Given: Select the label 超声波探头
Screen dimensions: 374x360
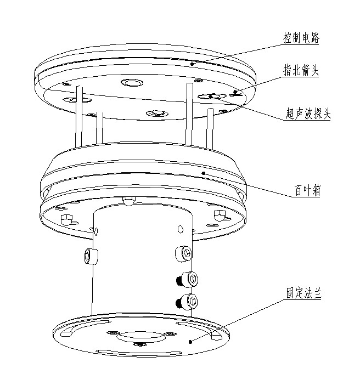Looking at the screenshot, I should pos(308,114).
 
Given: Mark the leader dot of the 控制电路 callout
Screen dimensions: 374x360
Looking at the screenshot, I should pos(192,64).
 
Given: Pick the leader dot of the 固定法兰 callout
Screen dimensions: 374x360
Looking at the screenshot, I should pos(190,341).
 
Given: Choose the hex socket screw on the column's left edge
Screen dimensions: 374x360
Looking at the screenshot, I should pos(90,255).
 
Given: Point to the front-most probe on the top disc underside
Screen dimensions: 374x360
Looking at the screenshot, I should pos(155,113).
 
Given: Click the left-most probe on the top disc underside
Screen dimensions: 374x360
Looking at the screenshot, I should pos(71,99).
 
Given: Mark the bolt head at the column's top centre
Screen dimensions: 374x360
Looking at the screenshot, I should pos(128,201).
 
